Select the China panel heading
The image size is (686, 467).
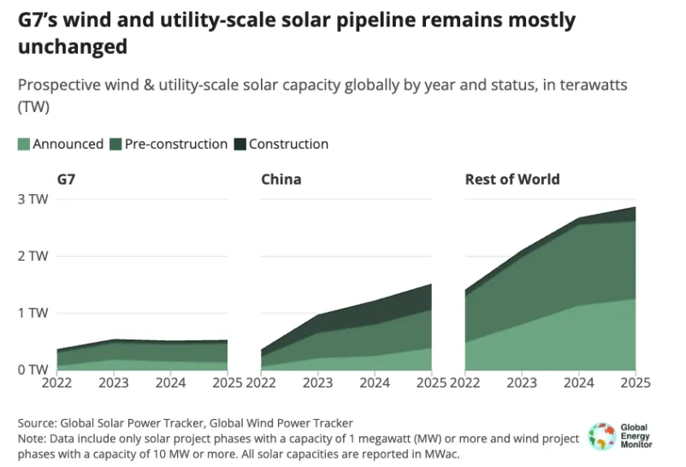[x=281, y=180]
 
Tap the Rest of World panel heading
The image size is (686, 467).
[x=512, y=180]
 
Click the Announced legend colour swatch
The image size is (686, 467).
[x=24, y=145]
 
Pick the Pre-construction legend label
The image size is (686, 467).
[x=176, y=145]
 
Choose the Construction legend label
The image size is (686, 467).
[x=288, y=145]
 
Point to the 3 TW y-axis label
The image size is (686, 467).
[x=33, y=199]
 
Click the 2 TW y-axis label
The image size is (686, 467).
[x=33, y=256]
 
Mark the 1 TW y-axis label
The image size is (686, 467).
[x=33, y=313]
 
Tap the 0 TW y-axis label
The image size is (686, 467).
[x=33, y=369]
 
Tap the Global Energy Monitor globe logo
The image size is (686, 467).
[x=602, y=435]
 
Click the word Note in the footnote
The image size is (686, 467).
[x=33, y=439]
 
